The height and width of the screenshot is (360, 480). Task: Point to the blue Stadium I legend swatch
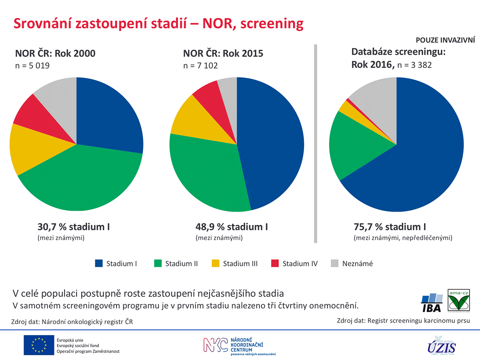pos(99,264)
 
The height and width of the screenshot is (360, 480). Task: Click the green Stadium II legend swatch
pos(158,264)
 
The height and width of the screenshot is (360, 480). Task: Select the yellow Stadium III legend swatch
pos(216,264)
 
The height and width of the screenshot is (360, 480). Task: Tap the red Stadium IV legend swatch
pos(275,264)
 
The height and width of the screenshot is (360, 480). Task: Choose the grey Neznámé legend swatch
pos(335,264)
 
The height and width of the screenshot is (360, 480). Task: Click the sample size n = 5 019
pos(32,65)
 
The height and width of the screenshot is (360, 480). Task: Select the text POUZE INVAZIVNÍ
pos(445,40)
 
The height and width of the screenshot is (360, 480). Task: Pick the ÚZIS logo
pos(441,345)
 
